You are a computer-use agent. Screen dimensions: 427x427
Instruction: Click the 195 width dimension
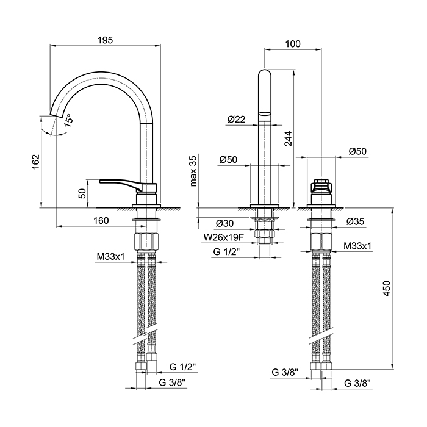[x=105, y=40]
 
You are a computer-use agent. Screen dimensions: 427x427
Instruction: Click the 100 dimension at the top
[x=293, y=43]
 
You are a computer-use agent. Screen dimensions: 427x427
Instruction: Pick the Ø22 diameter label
[x=236, y=120]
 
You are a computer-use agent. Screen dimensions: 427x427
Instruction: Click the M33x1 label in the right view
[x=357, y=246]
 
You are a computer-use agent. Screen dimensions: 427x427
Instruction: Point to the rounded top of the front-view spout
[x=264, y=74]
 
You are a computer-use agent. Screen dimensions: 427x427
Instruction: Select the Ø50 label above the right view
[x=358, y=151]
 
